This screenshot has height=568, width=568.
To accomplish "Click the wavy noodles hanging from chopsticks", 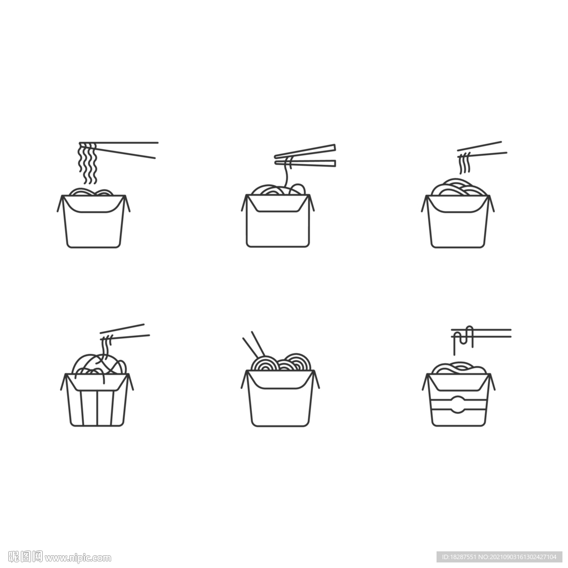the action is tap(88, 163).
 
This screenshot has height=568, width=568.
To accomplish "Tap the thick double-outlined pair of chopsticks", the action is tap(305, 156).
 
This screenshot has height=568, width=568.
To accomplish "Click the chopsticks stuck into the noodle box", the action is tap(254, 344).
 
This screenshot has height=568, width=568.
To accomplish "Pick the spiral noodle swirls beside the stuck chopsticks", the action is tap(281, 362).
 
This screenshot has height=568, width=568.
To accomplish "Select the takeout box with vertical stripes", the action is tap(97, 399).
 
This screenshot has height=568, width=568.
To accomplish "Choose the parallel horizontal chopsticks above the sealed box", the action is tap(481, 333).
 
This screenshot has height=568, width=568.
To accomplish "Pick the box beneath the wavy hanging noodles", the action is tap(93, 221).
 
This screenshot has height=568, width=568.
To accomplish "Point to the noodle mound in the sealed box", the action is tap(459, 368).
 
